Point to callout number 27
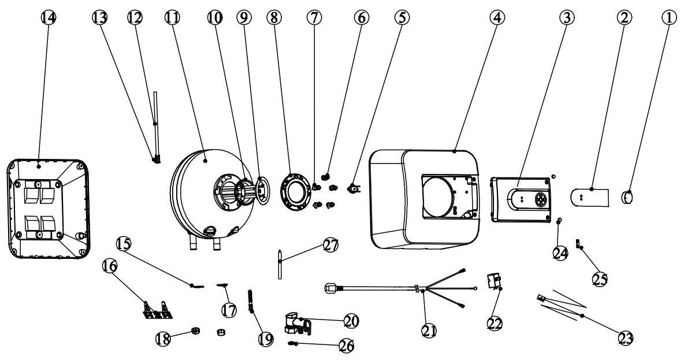(331, 245)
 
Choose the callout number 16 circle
(110, 266)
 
